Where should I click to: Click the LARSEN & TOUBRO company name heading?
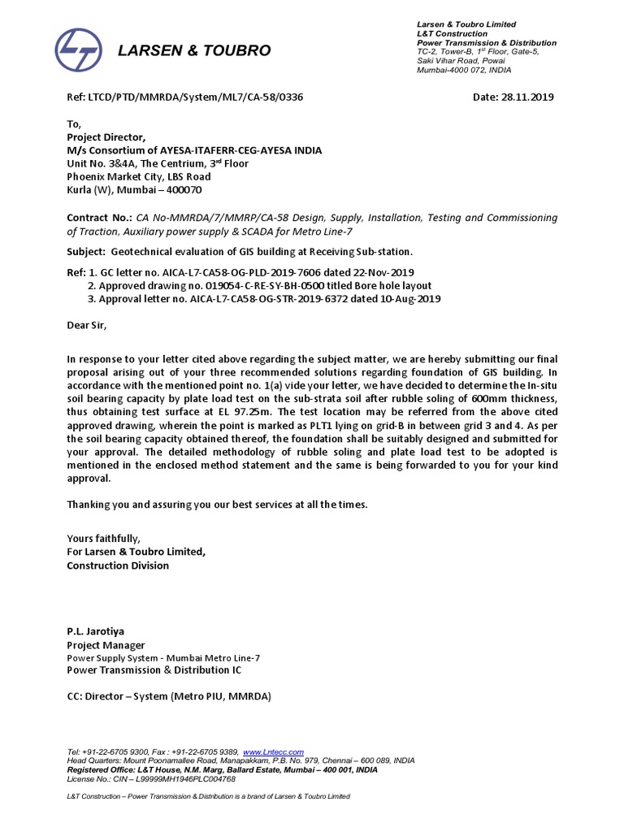194,51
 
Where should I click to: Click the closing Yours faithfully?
102,539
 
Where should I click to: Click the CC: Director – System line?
168,697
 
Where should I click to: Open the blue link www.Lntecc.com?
273,752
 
